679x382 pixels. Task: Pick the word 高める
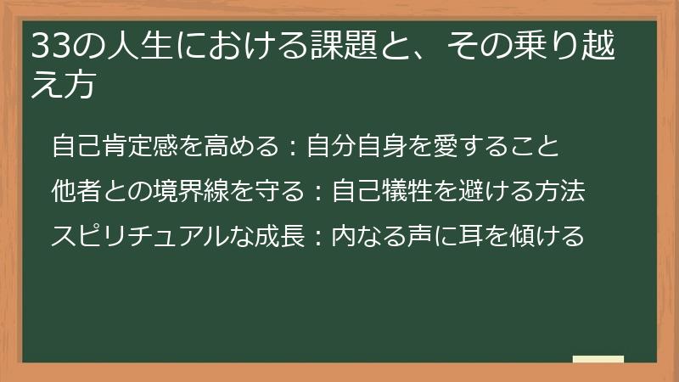click(241, 146)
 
